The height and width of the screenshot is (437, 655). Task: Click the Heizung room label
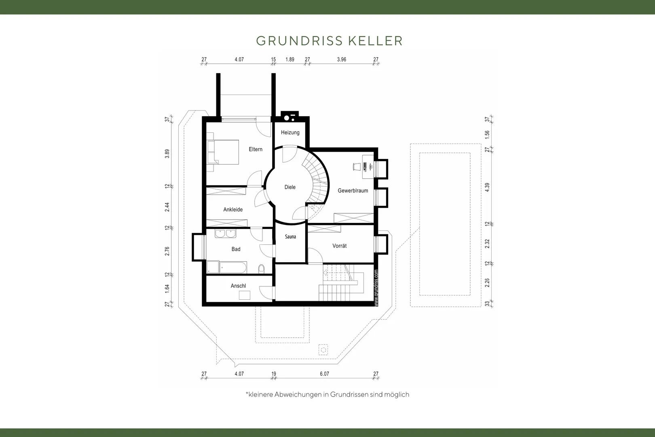[290, 133]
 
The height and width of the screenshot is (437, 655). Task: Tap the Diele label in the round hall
[290, 187]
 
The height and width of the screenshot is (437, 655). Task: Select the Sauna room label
[290, 236]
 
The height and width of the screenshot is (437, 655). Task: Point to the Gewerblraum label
[353, 191]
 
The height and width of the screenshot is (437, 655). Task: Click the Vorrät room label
[340, 246]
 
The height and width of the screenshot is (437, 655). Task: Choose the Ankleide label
[233, 210]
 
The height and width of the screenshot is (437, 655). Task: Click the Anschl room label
[238, 286]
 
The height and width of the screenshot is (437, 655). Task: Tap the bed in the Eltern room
[223, 152]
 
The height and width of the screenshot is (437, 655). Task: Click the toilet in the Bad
[262, 269]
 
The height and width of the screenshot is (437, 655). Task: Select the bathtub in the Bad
[233, 267]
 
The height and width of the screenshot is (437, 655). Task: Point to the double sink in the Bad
[226, 233]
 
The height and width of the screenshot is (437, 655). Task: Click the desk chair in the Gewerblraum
[356, 166]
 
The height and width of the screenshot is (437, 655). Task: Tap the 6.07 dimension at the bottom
[324, 374]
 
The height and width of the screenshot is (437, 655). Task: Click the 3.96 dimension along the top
[341, 59]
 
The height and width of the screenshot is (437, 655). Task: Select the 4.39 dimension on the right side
[487, 187]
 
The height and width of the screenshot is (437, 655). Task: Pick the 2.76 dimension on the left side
[167, 251]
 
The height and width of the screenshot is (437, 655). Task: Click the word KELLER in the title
[376, 41]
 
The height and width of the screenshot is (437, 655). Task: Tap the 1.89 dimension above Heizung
[290, 59]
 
